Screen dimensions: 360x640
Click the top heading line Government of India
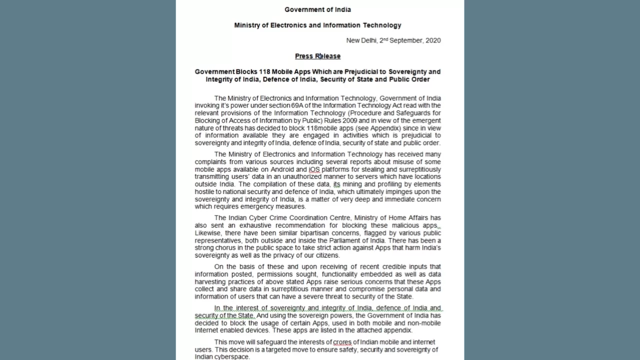pos(317,9)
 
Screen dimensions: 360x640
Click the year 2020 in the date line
pos(433,40)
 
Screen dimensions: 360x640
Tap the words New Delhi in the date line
pos(361,40)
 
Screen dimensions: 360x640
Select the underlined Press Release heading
pos(317,56)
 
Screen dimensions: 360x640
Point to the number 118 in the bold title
pos(264,71)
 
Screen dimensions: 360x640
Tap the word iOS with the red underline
pos(314,169)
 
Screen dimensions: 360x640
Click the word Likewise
pos(207,233)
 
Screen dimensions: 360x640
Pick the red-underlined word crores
pos(342,342)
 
